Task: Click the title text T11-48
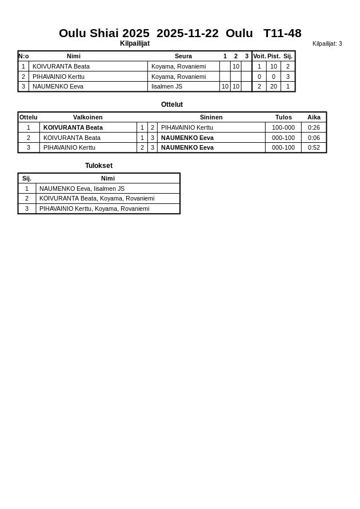pyautogui.click(x=282, y=33)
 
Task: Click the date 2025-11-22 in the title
pyautogui.click(x=187, y=33)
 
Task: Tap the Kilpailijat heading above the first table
pyautogui.click(x=135, y=43)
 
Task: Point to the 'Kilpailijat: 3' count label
pyautogui.click(x=327, y=43)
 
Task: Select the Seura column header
pyautogui.click(x=183, y=56)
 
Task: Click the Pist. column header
pyautogui.click(x=274, y=56)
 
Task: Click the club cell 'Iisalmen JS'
pyautogui.click(x=167, y=86)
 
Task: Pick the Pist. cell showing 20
pyautogui.click(x=274, y=86)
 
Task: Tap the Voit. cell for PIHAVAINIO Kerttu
pyautogui.click(x=259, y=77)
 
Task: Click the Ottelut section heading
pyautogui.click(x=172, y=105)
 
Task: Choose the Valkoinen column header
pyautogui.click(x=88, y=117)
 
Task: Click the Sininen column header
pyautogui.click(x=211, y=117)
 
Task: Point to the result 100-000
pyautogui.click(x=283, y=127)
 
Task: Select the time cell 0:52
pyautogui.click(x=314, y=147)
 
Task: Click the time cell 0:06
pyautogui.click(x=314, y=138)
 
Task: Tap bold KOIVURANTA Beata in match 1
pyautogui.click(x=73, y=127)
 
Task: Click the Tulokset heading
pyautogui.click(x=99, y=166)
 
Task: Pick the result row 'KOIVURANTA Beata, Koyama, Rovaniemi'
pyautogui.click(x=97, y=198)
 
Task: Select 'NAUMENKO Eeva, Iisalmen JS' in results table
pyautogui.click(x=82, y=189)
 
